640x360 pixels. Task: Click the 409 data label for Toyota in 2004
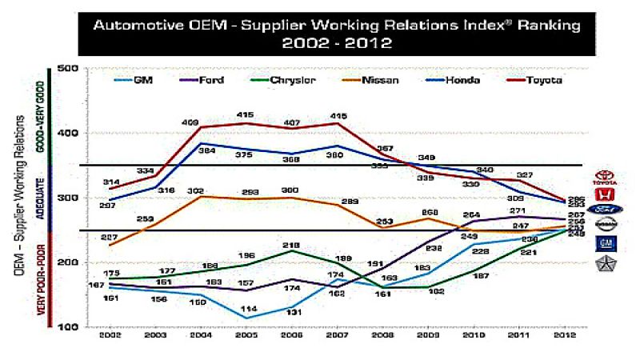[191, 122]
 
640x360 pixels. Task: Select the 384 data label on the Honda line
[207, 151]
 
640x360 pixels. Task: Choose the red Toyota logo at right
[607, 176]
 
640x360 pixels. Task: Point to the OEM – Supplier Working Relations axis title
[19, 196]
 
